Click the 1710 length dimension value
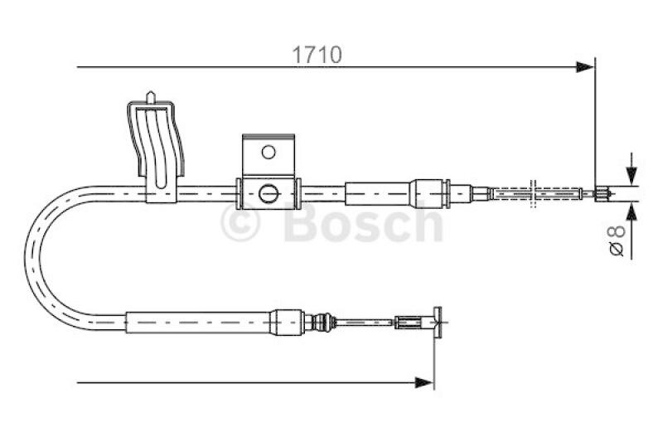[x=316, y=56]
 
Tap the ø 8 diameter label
[x=617, y=240]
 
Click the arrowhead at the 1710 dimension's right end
[x=587, y=66]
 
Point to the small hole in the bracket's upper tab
[x=268, y=152]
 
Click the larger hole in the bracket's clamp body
[x=267, y=192]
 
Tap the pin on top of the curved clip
[x=151, y=98]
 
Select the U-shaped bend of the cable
[x=41, y=253]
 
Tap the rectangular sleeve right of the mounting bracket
[x=378, y=193]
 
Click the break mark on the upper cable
[x=536, y=195]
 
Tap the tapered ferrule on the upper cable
[x=431, y=193]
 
